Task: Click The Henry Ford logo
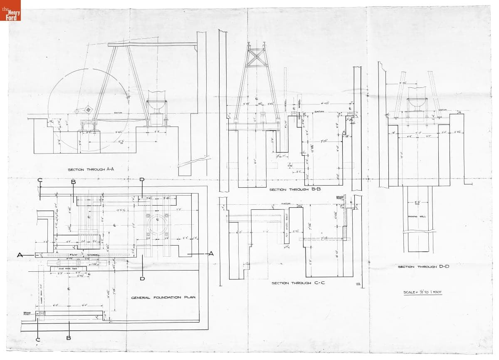click(10, 10)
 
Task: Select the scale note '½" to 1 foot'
click(422, 292)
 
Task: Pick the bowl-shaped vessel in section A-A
click(157, 106)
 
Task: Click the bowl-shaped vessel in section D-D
click(417, 102)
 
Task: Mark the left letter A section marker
click(20, 255)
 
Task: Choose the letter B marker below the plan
click(69, 338)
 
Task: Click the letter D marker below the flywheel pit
click(142, 278)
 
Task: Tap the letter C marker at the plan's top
click(40, 180)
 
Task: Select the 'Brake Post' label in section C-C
click(339, 199)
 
